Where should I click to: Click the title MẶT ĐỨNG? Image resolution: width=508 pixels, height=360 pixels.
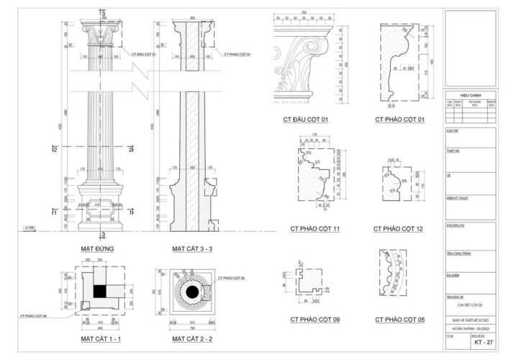[x=98, y=248]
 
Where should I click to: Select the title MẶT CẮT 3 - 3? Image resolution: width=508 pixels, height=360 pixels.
[x=192, y=248]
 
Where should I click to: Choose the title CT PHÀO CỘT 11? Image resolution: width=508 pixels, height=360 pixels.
[x=315, y=229]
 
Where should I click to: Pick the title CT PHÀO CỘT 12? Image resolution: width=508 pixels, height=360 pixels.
[x=398, y=229]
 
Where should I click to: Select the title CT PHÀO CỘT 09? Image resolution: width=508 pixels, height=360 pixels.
[x=315, y=318]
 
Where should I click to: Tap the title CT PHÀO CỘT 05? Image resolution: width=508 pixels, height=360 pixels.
[x=398, y=318]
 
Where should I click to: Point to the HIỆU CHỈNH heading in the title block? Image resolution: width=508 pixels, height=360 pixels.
[x=470, y=95]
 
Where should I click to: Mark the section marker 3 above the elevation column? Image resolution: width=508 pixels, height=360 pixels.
[x=104, y=13]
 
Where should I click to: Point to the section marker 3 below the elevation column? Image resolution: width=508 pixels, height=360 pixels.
[x=104, y=235]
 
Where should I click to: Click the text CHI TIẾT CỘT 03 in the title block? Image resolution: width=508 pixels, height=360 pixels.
[x=470, y=306]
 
